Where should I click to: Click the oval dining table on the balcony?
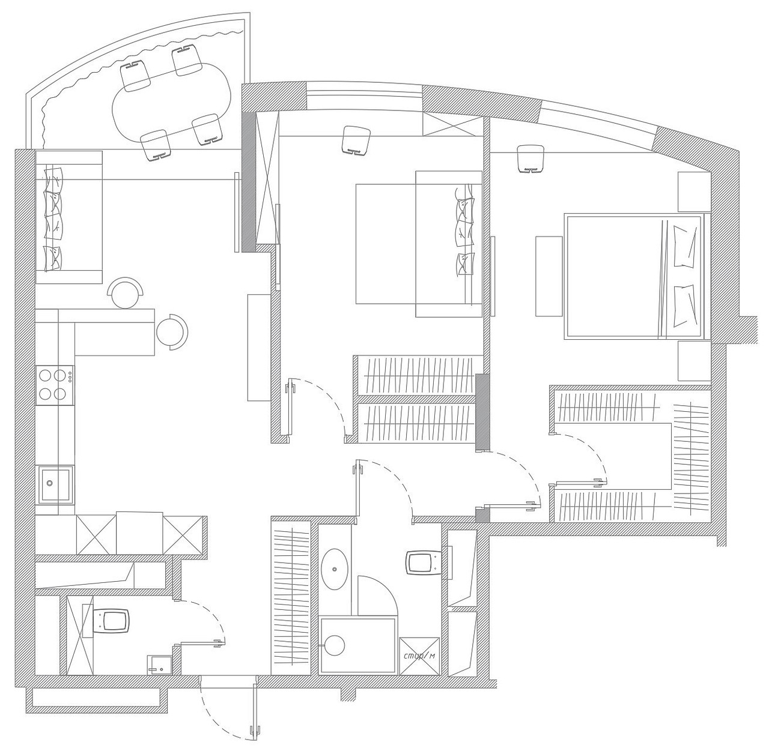point(172,101)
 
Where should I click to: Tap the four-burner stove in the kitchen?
point(55,385)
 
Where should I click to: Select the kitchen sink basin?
point(55,484)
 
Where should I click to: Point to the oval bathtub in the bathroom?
point(335,569)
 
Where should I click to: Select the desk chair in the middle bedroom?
point(356,140)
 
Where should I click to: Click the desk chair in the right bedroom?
point(530,158)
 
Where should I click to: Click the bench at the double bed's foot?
point(549,276)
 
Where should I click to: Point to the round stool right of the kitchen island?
point(172,331)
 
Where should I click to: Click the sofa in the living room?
point(69,217)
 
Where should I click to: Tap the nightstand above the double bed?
point(695,192)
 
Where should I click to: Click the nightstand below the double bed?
point(695,361)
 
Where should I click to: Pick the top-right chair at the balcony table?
point(187,61)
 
